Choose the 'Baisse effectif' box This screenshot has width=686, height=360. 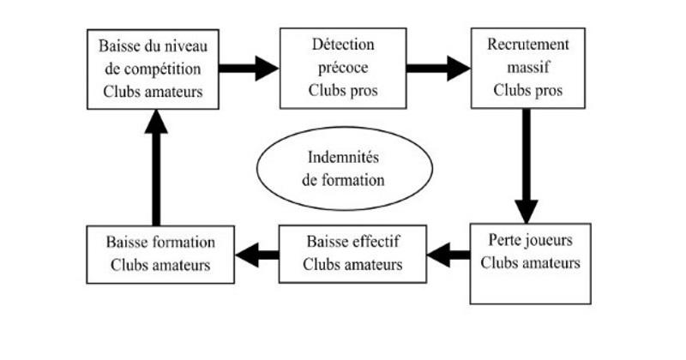tap(352, 253)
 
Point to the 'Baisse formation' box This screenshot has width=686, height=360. tap(160, 253)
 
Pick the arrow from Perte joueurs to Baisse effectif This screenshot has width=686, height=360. tap(448, 253)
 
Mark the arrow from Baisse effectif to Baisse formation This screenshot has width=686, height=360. tap(257, 253)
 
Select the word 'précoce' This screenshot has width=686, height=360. tap(341, 69)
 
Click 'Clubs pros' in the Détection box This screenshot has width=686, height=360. tap(341, 90)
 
